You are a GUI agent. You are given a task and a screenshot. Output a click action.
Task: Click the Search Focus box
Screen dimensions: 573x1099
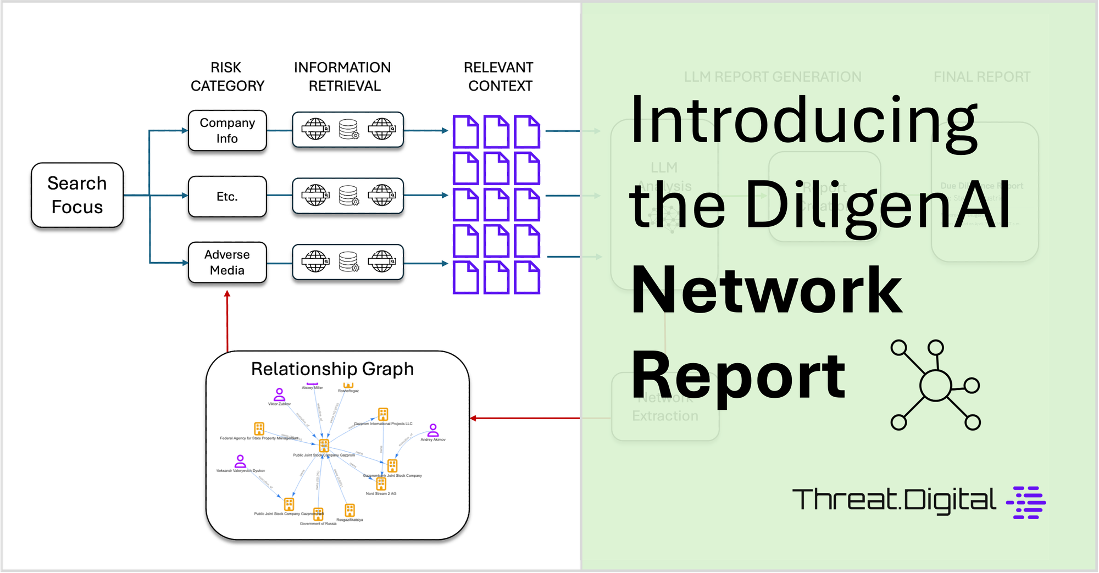tap(77, 195)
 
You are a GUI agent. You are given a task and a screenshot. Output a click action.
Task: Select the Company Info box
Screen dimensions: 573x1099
tap(227, 131)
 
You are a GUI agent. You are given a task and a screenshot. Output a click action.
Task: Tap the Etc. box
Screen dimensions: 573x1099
tap(227, 197)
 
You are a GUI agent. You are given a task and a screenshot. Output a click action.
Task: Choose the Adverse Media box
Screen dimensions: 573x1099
tap(227, 263)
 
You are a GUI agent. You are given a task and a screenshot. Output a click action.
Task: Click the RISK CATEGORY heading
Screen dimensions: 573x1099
tap(227, 76)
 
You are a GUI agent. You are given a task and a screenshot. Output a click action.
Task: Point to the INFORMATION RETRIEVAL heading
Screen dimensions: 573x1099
tap(342, 76)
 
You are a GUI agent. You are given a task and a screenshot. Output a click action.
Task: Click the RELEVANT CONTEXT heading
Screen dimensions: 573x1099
tap(498, 76)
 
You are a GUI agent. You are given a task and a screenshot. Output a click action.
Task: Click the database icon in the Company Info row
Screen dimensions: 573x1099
tap(348, 130)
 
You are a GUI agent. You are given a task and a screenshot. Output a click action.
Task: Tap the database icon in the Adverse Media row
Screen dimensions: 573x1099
tap(348, 262)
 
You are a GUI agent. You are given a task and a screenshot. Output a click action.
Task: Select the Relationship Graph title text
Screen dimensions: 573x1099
tap(332, 369)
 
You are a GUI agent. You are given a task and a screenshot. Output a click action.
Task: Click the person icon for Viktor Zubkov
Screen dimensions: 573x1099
tap(279, 394)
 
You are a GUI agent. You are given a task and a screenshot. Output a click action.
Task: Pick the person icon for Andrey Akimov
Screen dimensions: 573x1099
tap(433, 430)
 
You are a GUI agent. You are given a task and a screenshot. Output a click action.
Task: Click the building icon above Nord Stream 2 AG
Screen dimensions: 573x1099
tap(381, 484)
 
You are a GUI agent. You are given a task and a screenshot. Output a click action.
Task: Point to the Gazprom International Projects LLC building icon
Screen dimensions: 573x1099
tap(383, 414)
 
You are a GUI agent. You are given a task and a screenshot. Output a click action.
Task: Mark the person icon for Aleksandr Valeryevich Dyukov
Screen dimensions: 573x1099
tap(240, 461)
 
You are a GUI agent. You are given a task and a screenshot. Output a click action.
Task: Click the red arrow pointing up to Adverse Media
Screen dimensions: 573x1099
tap(227, 321)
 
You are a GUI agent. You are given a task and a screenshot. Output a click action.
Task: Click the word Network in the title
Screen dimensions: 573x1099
tap(767, 290)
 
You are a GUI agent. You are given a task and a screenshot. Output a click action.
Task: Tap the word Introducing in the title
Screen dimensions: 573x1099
tap(803, 121)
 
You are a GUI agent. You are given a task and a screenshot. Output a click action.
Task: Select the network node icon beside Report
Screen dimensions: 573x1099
tap(935, 385)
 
